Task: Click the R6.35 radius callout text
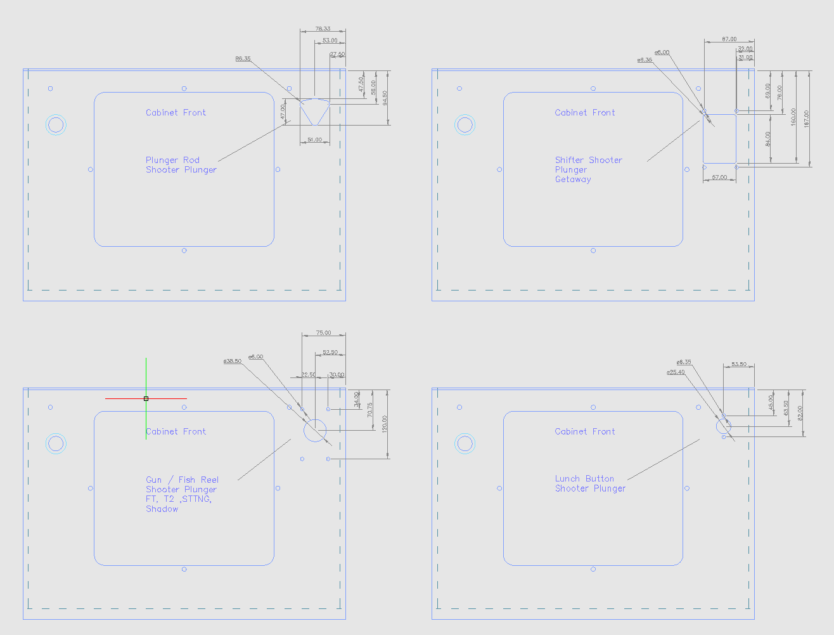click(243, 59)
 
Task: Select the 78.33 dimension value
click(323, 29)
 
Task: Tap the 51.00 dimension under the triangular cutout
click(314, 140)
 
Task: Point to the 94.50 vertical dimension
click(385, 98)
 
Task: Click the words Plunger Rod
click(172, 160)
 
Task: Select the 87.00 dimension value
click(729, 39)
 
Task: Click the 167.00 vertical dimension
click(806, 118)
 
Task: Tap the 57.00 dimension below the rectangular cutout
click(719, 178)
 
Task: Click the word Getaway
click(573, 180)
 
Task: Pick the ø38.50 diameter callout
click(232, 361)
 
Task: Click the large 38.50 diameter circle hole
click(314, 430)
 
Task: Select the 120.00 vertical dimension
click(385, 424)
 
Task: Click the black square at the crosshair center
click(146, 398)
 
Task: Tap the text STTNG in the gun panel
click(196, 499)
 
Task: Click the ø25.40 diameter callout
click(676, 372)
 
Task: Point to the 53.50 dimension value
click(739, 364)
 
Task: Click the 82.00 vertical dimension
click(800, 413)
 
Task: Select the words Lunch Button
click(584, 479)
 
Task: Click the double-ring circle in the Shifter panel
click(465, 125)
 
